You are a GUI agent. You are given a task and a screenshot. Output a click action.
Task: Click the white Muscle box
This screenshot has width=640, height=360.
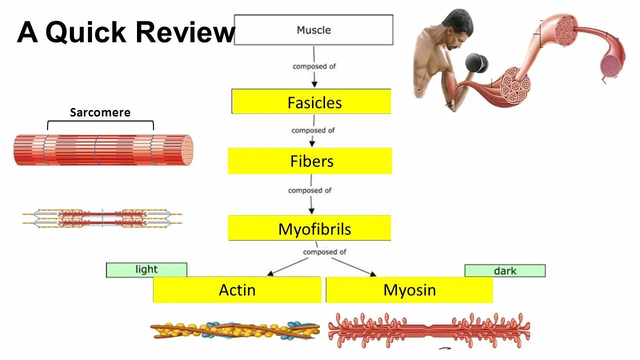tap(313, 30)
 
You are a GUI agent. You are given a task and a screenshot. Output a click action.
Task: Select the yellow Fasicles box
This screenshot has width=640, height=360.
tap(311, 102)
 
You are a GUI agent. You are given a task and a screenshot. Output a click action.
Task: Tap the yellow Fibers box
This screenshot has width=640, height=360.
tap(310, 161)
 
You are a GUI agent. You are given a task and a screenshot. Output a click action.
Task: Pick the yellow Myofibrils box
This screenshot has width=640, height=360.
tap(309, 228)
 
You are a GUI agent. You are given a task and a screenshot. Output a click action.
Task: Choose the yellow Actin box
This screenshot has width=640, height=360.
tap(237, 290)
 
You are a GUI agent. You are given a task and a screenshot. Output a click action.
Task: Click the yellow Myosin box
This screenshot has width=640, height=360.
tap(409, 290)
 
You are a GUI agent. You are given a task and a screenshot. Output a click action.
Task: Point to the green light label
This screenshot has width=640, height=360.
tap(146, 269)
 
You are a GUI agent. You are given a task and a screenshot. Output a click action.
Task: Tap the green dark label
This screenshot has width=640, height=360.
tap(505, 270)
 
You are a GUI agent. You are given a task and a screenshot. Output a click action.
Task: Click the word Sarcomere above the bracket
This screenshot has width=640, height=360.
tap(100, 112)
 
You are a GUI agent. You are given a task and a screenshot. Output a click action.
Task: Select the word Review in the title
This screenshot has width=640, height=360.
tap(184, 32)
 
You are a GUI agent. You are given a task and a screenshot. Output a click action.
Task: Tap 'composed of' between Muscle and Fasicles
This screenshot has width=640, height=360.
tap(313, 66)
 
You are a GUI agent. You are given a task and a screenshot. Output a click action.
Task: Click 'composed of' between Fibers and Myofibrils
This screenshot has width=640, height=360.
tap(309, 190)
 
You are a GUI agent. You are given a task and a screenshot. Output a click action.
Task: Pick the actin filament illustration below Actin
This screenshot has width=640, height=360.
tap(234, 330)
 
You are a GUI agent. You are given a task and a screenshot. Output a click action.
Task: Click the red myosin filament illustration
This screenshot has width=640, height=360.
tap(429, 330)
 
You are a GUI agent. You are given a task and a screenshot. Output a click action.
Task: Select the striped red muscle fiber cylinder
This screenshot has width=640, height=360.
tap(103, 150)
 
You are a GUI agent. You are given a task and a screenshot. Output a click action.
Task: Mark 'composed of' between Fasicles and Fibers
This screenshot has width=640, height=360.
tap(313, 130)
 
